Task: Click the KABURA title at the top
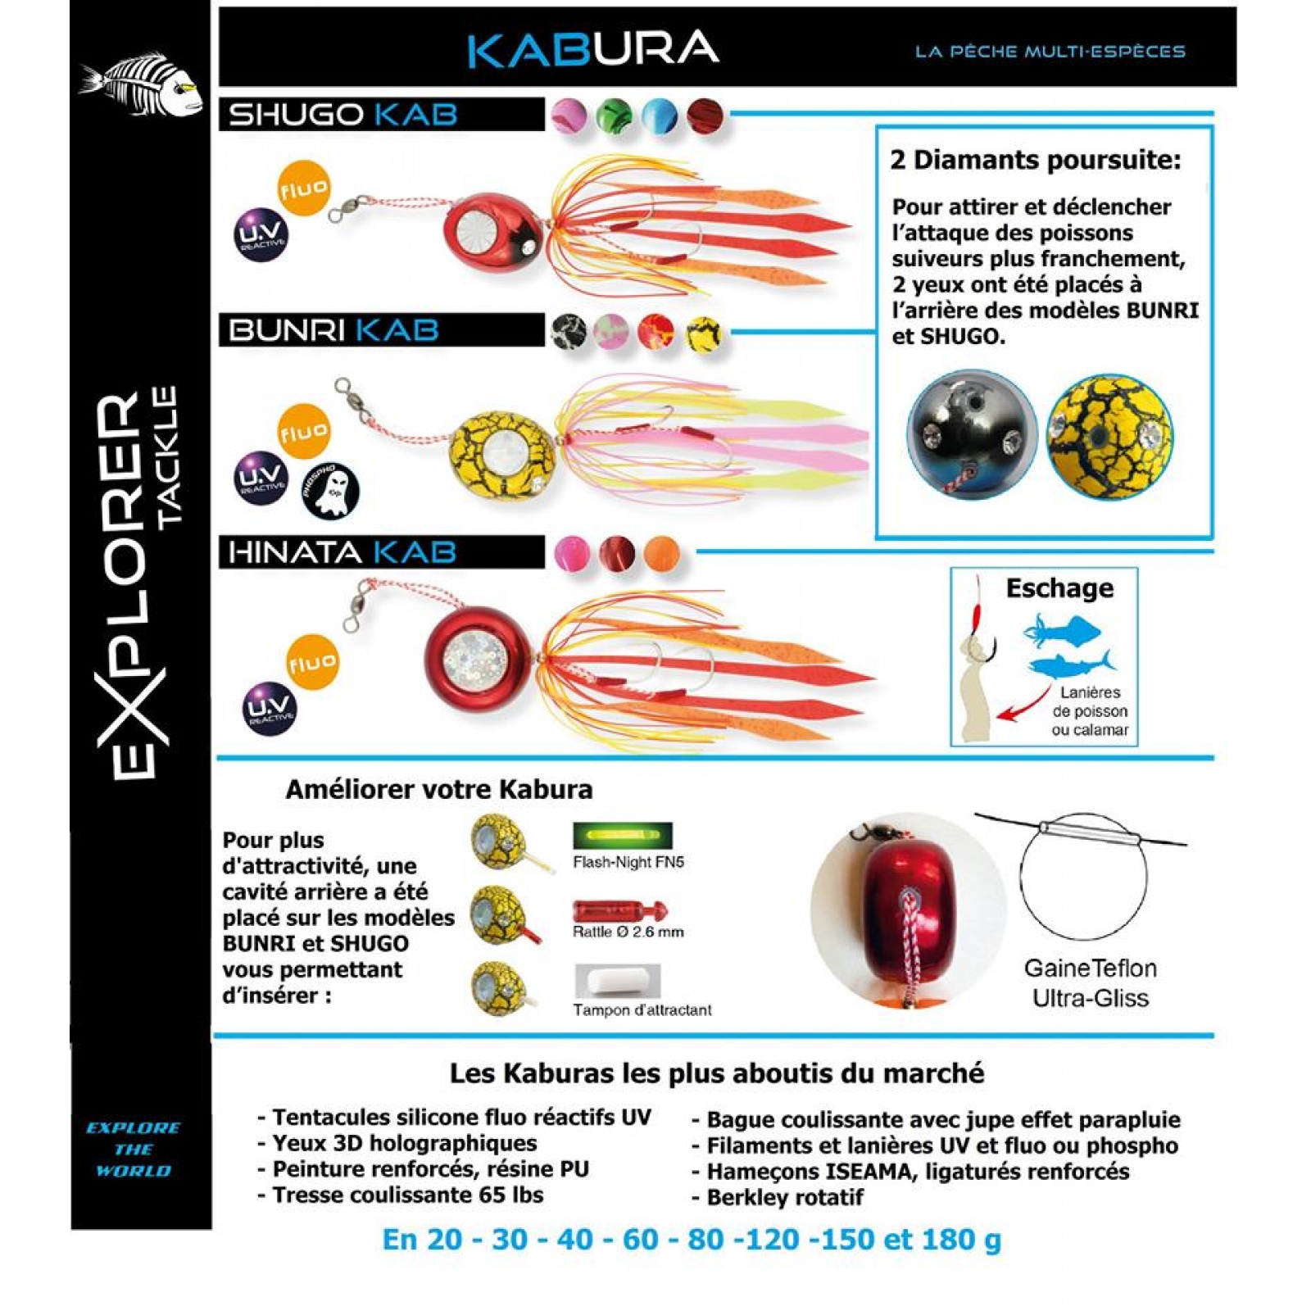tap(593, 49)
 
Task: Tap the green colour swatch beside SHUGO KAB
tap(614, 116)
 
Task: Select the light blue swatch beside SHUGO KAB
tap(660, 116)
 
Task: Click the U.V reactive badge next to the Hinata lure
tap(270, 708)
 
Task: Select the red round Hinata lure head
tap(481, 659)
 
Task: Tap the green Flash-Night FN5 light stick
tap(623, 836)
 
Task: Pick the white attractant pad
tap(617, 981)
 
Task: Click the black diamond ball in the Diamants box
tap(972, 434)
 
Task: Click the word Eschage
tap(1059, 588)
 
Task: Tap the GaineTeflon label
tap(1090, 969)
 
